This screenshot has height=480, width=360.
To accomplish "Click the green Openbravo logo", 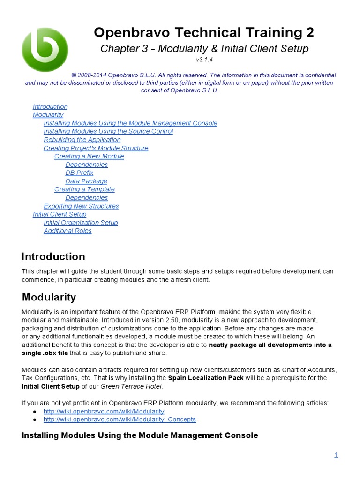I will tap(45, 49).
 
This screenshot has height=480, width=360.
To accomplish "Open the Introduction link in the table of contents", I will tap(50, 107).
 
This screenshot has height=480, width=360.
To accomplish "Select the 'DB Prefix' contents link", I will tap(79, 173).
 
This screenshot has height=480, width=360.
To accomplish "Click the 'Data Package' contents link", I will tap(86, 181).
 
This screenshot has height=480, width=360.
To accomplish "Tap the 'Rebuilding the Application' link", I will tap(82, 140).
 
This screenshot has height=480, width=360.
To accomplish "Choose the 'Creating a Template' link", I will tap(84, 189).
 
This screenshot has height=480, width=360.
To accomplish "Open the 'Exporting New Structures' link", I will tap(81, 206).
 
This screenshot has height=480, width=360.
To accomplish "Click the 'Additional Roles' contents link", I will tap(67, 231).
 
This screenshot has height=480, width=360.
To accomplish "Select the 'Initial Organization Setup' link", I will tap(81, 223).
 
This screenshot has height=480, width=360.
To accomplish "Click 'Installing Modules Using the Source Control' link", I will tap(108, 132).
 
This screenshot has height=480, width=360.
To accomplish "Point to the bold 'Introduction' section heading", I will tap(53, 257).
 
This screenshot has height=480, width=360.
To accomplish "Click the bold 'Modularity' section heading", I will tap(49, 298).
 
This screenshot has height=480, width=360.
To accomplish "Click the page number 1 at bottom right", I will tap(336, 455).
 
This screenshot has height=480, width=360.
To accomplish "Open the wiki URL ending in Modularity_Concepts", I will tap(120, 420).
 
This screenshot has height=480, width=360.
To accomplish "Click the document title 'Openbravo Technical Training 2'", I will tap(204, 33).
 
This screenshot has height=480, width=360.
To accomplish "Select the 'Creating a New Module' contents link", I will tap(89, 157).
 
